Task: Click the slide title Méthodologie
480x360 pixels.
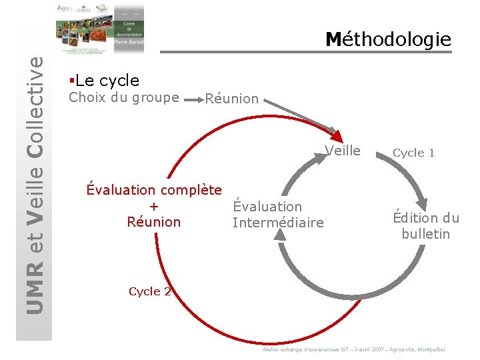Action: click(389, 40)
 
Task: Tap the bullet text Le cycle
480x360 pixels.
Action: click(107, 81)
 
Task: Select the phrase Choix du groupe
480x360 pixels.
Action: click(124, 98)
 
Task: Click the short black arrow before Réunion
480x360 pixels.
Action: click(193, 100)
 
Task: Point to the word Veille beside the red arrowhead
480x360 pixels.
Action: click(343, 151)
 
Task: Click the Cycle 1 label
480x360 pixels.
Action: click(413, 153)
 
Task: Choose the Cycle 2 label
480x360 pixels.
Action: click(149, 291)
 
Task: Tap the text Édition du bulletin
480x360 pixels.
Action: click(426, 226)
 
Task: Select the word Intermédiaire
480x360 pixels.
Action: click(278, 222)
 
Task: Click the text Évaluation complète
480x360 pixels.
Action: click(154, 190)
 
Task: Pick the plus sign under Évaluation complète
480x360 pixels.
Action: click(154, 206)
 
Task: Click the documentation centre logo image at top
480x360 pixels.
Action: click(100, 29)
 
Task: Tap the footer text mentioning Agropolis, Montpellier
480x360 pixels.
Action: click(354, 349)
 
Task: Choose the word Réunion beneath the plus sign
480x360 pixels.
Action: click(154, 222)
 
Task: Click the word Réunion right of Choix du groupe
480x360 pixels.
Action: click(231, 99)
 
